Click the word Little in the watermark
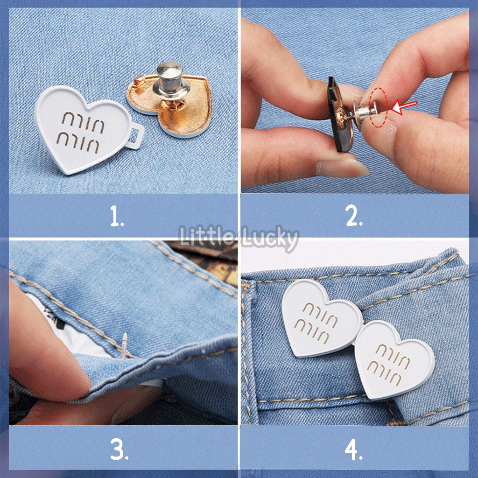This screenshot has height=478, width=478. pos(208,235)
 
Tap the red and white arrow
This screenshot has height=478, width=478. pos(403,107)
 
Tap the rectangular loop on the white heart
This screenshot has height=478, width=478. pos(137,137)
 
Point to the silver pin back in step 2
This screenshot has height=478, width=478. pos(364,112)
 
